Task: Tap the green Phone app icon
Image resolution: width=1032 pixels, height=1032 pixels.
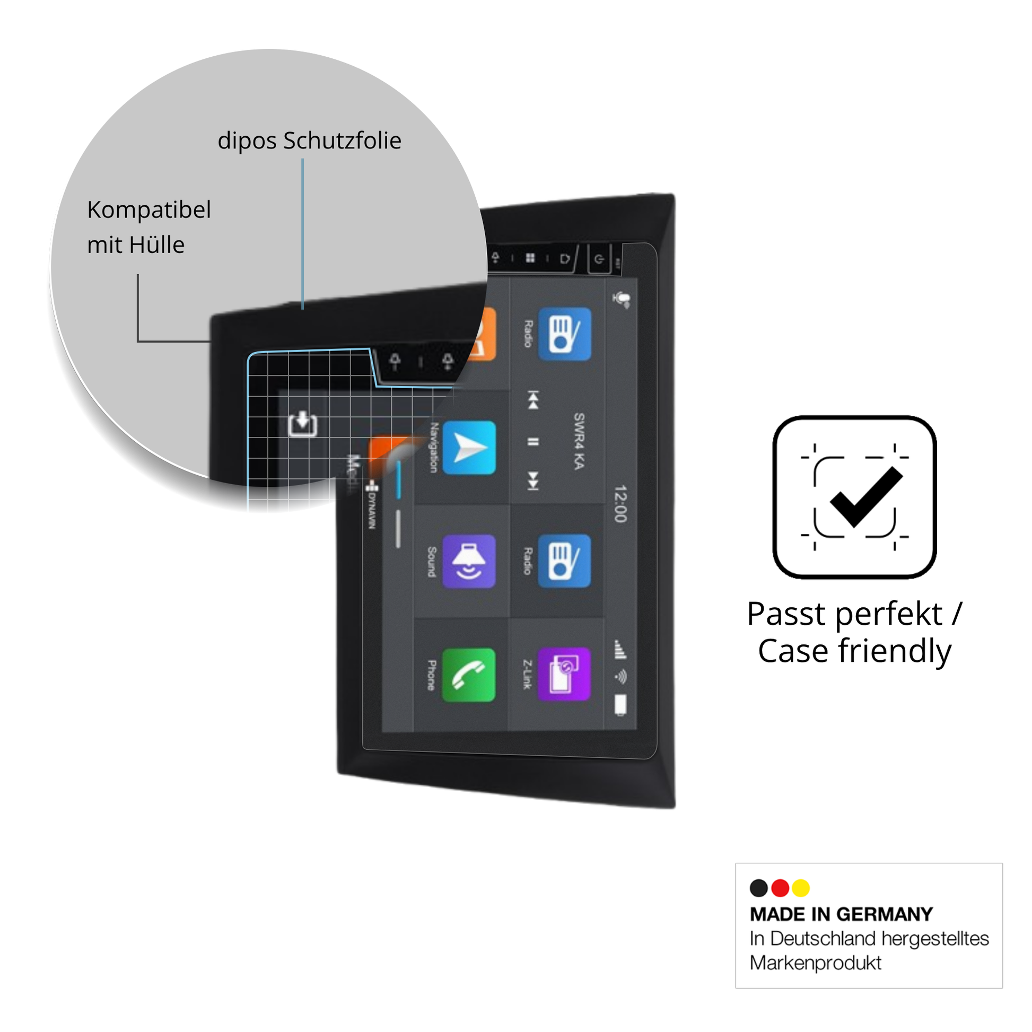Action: pyautogui.click(x=468, y=676)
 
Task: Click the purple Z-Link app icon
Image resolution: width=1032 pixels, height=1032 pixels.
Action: pyautogui.click(x=564, y=675)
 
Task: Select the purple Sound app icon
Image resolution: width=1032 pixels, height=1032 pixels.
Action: pyautogui.click(x=468, y=562)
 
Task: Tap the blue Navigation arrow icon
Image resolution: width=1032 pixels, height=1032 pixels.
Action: pyautogui.click(x=468, y=448)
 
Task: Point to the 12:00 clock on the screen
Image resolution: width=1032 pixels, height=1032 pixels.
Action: pyautogui.click(x=619, y=504)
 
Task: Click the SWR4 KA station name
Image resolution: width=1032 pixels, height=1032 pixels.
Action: pyautogui.click(x=579, y=441)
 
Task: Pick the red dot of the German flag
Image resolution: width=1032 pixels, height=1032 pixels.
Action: pyautogui.click(x=781, y=888)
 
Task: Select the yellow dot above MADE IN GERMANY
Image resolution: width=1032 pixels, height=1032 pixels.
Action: pyautogui.click(x=801, y=888)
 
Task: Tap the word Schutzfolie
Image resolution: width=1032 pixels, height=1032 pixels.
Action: pyautogui.click(x=342, y=141)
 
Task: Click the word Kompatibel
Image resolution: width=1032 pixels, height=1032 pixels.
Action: pyautogui.click(x=149, y=210)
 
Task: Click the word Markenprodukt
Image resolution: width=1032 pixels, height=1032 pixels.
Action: pyautogui.click(x=815, y=963)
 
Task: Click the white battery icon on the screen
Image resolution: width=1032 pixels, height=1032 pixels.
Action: pyautogui.click(x=620, y=705)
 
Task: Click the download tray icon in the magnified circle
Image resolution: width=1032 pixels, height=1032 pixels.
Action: pyautogui.click(x=302, y=424)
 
